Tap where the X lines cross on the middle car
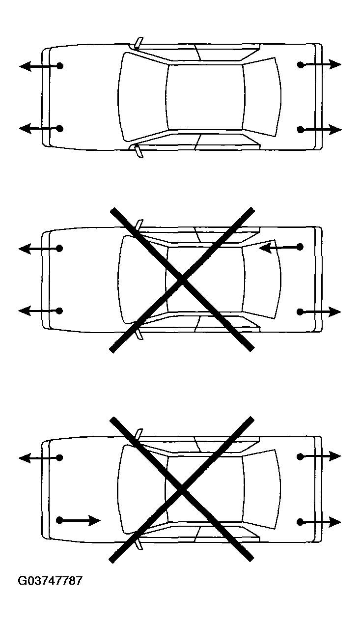coord(182,280)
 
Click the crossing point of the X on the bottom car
coord(181,489)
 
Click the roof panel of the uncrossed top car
coord(205,97)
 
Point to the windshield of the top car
coord(143,97)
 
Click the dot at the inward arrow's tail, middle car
coord(300,247)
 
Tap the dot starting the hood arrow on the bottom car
coord(59,520)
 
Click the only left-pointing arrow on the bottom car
coord(41,457)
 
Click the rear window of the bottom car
coord(262,489)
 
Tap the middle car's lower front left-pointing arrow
coord(41,311)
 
